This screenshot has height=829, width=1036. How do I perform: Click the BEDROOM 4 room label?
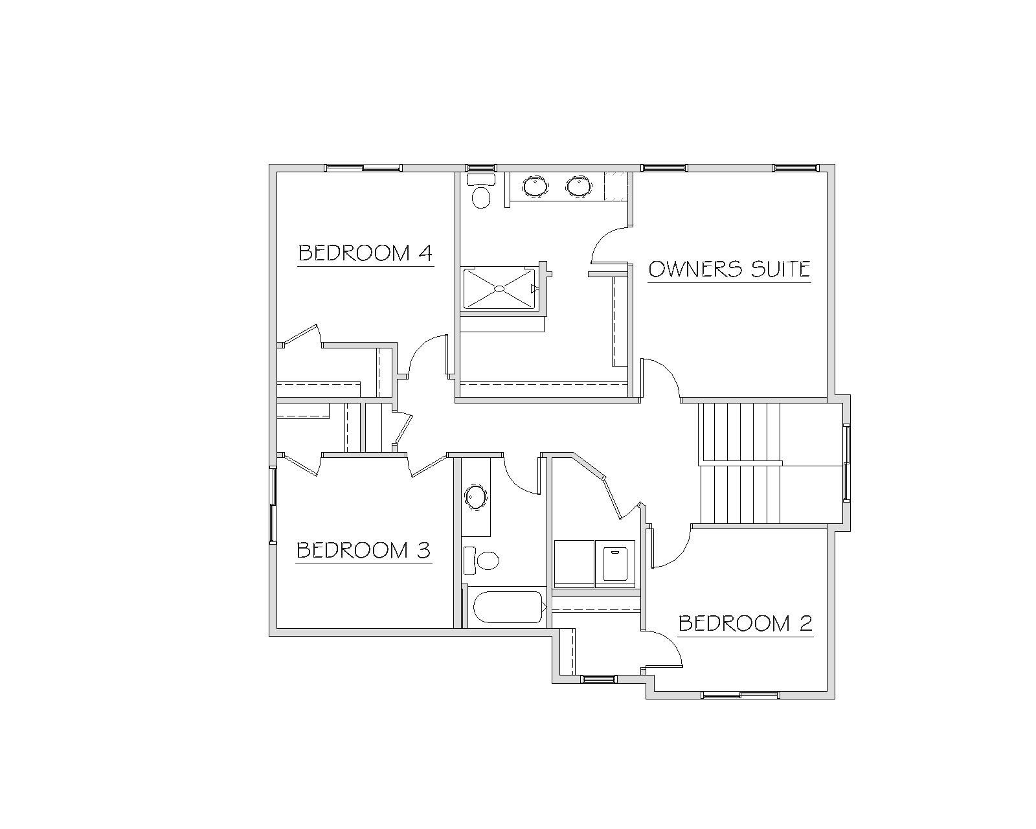point(365,253)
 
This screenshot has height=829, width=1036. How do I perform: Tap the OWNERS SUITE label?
point(729,269)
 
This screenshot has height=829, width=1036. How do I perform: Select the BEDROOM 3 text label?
point(363,550)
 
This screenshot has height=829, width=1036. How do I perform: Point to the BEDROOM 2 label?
point(745,623)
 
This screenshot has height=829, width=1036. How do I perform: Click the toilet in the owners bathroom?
point(481,191)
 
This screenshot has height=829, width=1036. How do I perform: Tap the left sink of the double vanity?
point(535,187)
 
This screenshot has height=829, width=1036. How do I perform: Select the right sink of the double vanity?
point(578,187)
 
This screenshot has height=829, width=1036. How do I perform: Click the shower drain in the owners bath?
point(500,289)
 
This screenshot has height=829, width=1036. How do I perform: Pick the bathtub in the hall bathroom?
point(508,607)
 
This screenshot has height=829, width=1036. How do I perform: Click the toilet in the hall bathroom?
point(481,560)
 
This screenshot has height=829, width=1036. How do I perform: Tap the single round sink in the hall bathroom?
point(476,497)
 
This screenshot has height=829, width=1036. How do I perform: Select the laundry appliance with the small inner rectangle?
point(615,563)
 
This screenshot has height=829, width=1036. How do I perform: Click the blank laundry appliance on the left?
point(574,563)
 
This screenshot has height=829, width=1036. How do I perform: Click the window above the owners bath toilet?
point(481,168)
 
